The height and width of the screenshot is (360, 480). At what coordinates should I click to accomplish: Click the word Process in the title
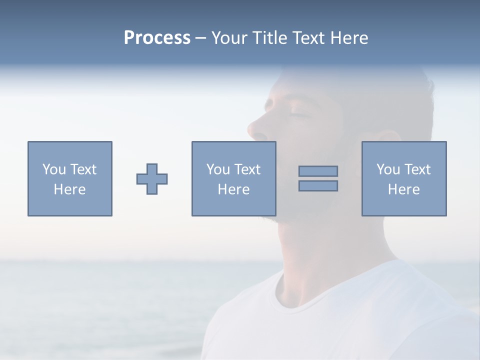pos(157,38)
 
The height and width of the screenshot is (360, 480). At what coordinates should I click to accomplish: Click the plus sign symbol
pos(152,179)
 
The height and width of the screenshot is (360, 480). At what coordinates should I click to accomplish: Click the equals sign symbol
pos(318,178)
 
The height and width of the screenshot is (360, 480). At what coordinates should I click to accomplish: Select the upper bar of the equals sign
pos(318,171)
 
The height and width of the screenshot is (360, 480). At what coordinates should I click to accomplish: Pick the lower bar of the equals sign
pos(318,185)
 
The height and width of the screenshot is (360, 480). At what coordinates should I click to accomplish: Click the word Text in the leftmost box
pos(83,169)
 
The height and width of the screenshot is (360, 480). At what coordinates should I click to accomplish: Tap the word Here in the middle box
pos(233,189)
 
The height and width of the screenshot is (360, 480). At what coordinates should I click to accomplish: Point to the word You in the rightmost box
pos(388,169)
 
